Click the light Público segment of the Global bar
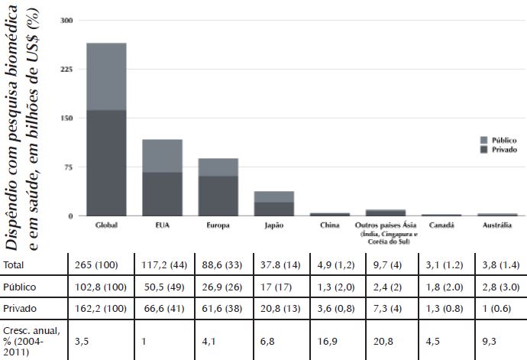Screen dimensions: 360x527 pyautogui.click(x=106, y=76)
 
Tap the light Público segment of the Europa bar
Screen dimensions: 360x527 pyautogui.click(x=218, y=167)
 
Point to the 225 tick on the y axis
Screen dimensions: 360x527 pyautogui.click(x=66, y=69)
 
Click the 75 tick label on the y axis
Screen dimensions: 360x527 pyautogui.click(x=68, y=167)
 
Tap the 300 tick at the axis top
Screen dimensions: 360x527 pyautogui.click(x=66, y=20)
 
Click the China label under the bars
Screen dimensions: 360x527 pyautogui.click(x=329, y=226)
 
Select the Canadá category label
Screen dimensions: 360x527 pyautogui.click(x=441, y=226)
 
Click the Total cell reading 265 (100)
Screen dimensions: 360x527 pyautogui.click(x=97, y=264)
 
